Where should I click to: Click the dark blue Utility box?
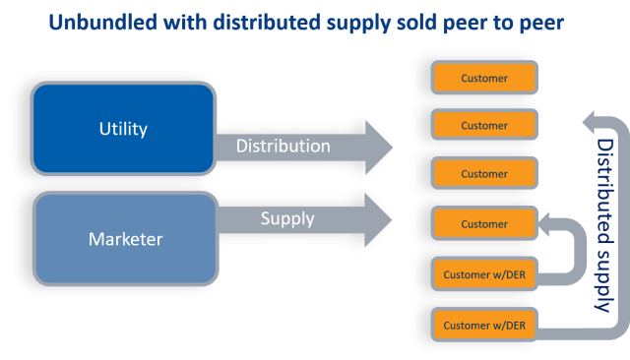pyautogui.click(x=124, y=130)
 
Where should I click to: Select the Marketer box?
pyautogui.click(x=124, y=237)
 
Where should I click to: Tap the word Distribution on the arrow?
pyautogui.click(x=284, y=147)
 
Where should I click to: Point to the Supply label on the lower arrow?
pyautogui.click(x=286, y=217)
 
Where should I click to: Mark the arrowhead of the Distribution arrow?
pyautogui.click(x=379, y=147)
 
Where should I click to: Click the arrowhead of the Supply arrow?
pyautogui.click(x=379, y=217)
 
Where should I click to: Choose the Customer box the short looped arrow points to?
pyautogui.click(x=483, y=223)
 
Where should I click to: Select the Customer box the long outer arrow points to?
pyautogui.click(x=483, y=126)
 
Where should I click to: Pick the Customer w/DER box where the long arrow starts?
pyautogui.click(x=483, y=325)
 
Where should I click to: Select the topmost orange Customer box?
pyautogui.click(x=483, y=77)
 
